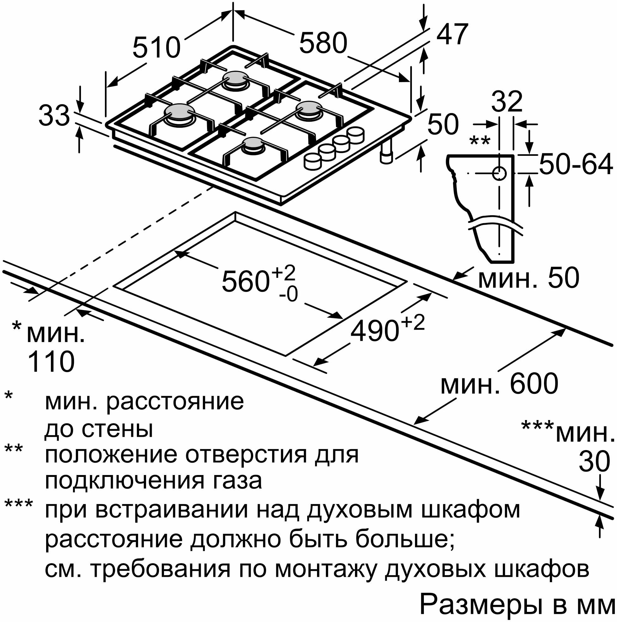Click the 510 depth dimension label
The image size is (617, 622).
coord(156,48)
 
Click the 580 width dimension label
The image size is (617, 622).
coord(323,43)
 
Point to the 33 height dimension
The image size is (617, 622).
coord(54,116)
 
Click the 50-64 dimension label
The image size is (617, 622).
coord(576,165)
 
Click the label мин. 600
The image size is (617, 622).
coord(499,383)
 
